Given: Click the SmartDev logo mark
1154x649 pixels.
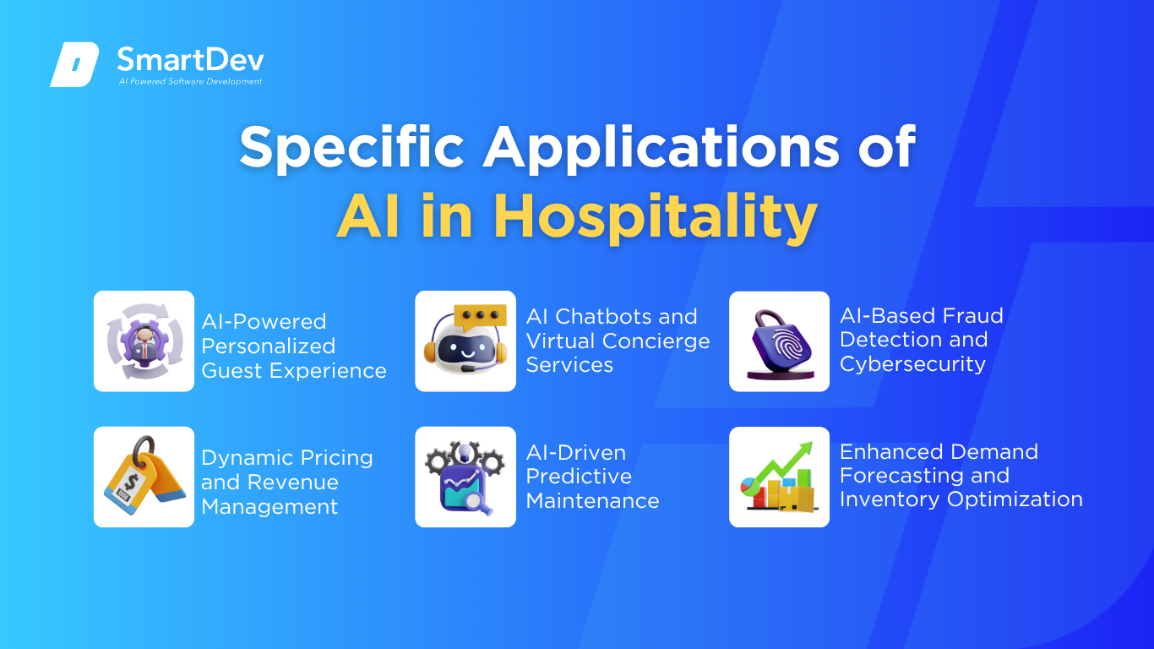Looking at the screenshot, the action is tap(74, 64).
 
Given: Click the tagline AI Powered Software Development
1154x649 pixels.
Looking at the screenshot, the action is tap(191, 81).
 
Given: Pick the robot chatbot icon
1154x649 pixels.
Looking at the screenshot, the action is tap(465, 340).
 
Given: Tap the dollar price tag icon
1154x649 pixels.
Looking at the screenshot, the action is tap(144, 476).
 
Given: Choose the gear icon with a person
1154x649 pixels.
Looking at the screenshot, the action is tap(144, 341).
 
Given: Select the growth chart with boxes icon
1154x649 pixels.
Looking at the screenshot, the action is tap(779, 477).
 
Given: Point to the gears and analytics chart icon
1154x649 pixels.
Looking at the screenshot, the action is tap(465, 477).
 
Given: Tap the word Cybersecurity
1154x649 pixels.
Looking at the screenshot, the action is tap(912, 364).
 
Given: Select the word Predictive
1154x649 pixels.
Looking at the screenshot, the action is tap(579, 477).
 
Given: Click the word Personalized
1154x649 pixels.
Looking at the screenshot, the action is tap(269, 346).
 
